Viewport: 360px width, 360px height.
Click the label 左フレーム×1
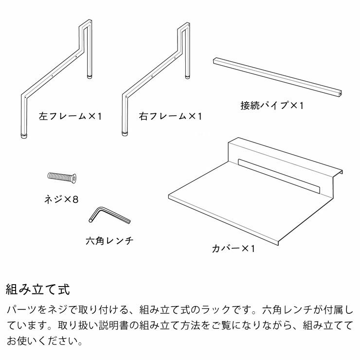point(70,117)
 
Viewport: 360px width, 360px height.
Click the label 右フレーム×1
point(170,117)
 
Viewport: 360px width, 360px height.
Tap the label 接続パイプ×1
point(271,105)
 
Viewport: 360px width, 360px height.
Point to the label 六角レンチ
point(109,241)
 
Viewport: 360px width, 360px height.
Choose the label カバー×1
point(234,249)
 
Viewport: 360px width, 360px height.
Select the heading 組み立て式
point(38,290)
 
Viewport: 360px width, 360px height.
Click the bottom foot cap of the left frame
point(23,135)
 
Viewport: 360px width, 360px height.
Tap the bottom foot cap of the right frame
point(124,135)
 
